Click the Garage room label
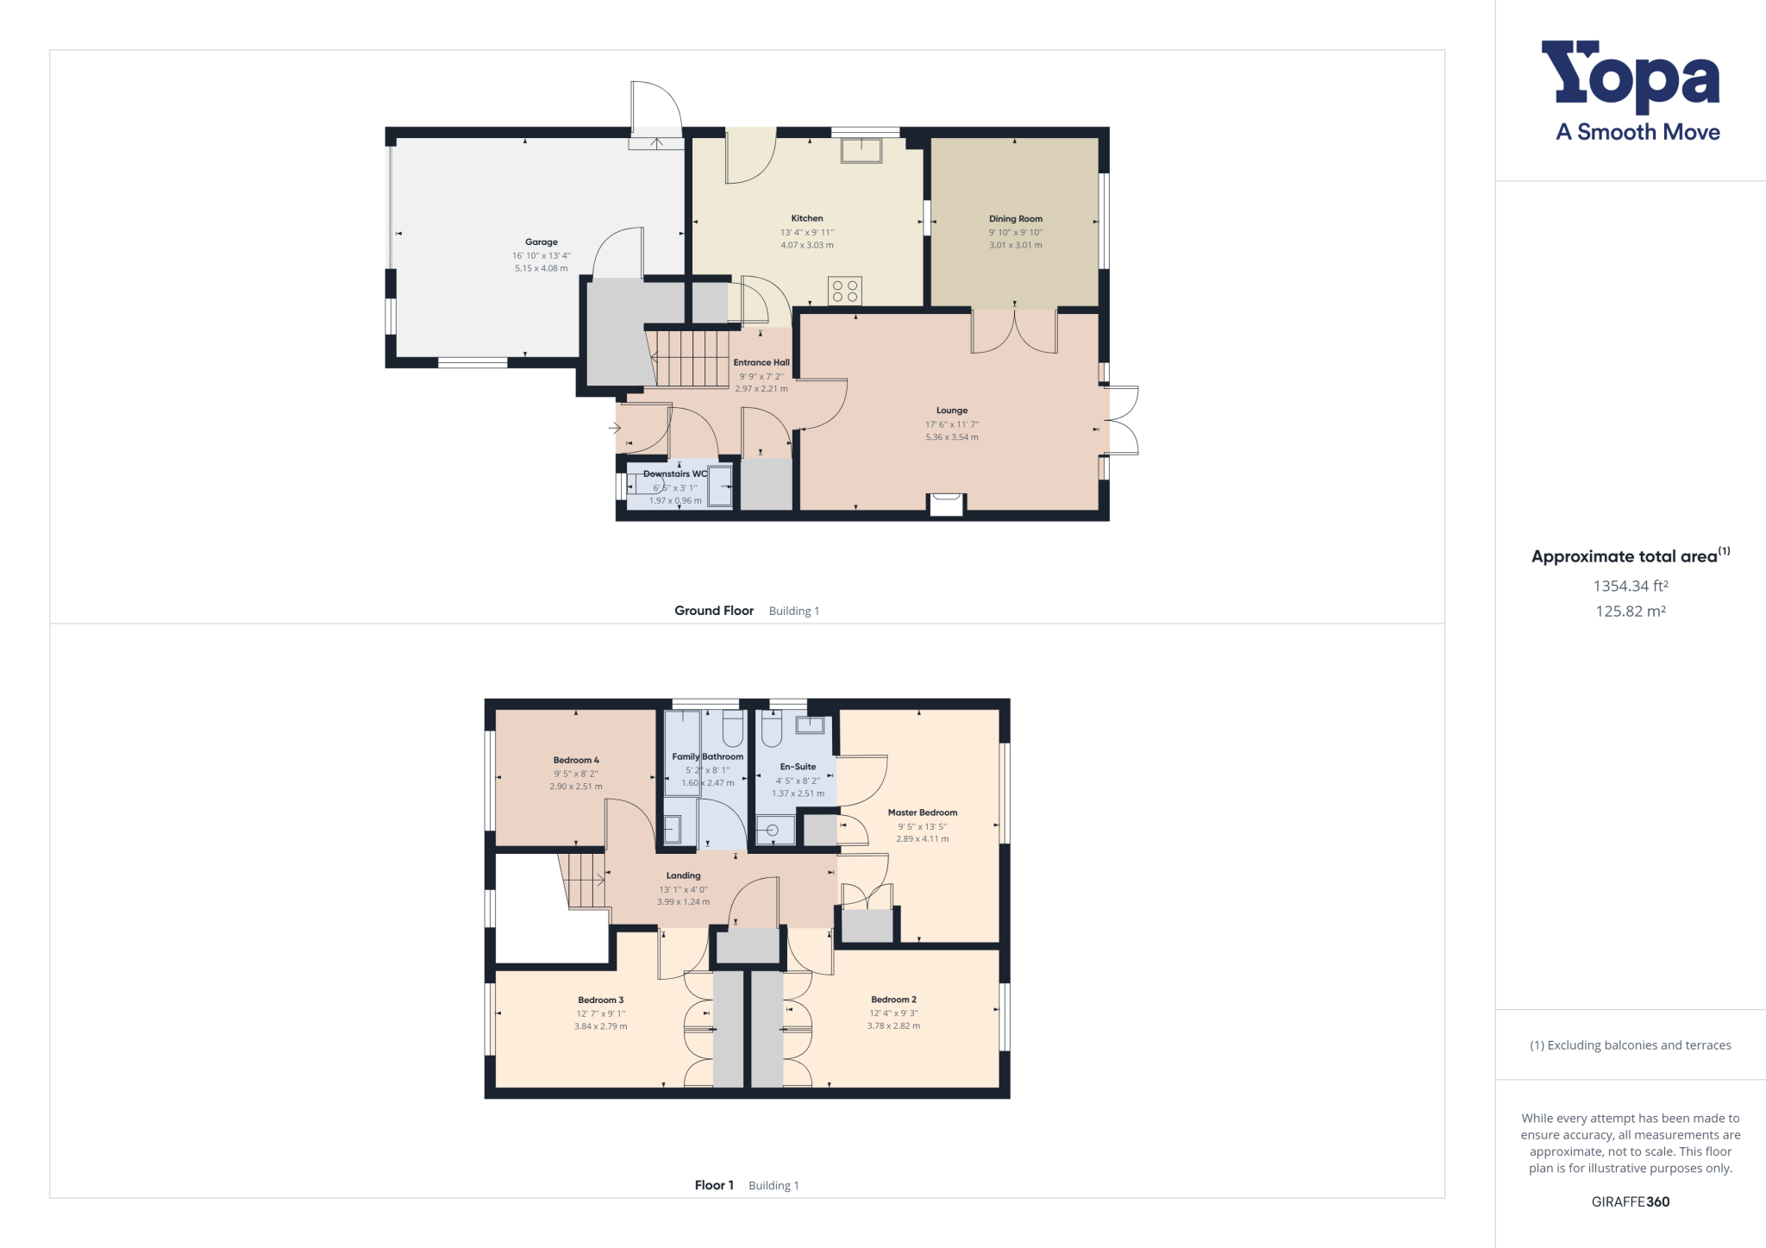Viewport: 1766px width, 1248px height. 542,242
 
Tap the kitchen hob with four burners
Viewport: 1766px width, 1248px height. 845,291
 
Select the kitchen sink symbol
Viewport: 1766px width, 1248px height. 861,150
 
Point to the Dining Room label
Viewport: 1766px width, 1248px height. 1016,219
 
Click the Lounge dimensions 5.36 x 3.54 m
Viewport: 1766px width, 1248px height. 952,437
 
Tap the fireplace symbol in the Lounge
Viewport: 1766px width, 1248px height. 946,505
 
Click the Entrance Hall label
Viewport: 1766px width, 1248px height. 761,362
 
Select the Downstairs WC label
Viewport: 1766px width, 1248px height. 675,473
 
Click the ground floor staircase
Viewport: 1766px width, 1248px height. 690,357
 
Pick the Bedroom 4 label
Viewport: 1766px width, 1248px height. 576,761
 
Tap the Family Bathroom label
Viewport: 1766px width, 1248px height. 708,756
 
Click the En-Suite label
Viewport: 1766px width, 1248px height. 798,767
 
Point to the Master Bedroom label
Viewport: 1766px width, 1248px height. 923,812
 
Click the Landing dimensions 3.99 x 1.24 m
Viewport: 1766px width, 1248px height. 684,902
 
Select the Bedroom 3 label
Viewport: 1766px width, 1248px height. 601,1000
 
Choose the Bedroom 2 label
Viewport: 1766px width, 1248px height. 893,1000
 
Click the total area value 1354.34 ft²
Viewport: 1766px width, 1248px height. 1631,586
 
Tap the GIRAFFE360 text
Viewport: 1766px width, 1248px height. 1631,1201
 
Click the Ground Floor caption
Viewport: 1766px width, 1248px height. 714,611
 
